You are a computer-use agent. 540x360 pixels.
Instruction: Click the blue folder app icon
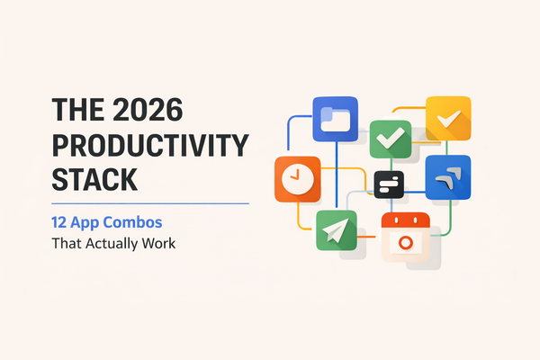(335, 120)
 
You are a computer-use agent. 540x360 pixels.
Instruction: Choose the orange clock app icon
(297, 179)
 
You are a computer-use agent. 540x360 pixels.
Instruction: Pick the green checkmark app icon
(390, 139)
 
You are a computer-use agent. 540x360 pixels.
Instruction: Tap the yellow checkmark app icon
(448, 118)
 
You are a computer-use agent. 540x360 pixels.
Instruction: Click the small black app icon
(389, 184)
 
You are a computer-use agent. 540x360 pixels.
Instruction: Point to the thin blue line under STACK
(134, 203)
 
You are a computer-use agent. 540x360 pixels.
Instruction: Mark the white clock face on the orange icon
(298, 179)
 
